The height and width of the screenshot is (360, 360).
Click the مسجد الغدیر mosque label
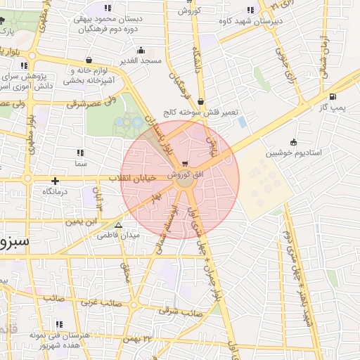tap(141, 61)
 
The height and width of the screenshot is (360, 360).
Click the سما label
tap(79, 162)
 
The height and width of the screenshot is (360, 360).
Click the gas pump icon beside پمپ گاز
tap(332, 97)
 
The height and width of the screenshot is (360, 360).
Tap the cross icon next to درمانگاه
tap(54, 181)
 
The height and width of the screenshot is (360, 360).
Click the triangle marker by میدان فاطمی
tap(118, 226)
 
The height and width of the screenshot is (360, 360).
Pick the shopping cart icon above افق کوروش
tap(184, 164)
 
